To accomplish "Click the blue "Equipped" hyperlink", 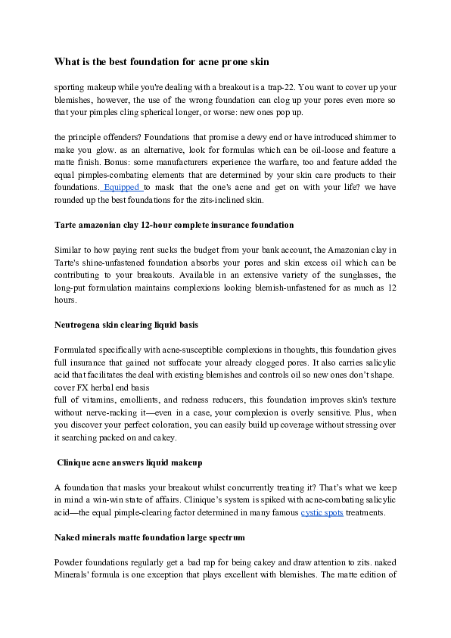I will [x=122, y=186].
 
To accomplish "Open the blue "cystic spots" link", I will [x=322, y=512].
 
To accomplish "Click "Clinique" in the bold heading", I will [x=79, y=462].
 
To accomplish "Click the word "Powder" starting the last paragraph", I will [x=70, y=562].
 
